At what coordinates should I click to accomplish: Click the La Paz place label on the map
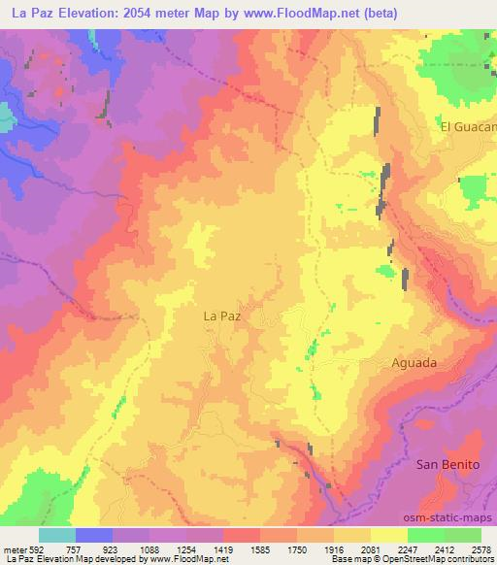pos(222,316)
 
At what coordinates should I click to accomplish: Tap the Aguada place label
pos(414,362)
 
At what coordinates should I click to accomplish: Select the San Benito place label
pos(447,464)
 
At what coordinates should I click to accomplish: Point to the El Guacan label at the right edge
pos(468,126)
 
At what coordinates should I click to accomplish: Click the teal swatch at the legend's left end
pos(56,535)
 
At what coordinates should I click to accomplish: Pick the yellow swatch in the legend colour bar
pos(388,535)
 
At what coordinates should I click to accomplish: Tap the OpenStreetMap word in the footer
pos(417,560)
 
